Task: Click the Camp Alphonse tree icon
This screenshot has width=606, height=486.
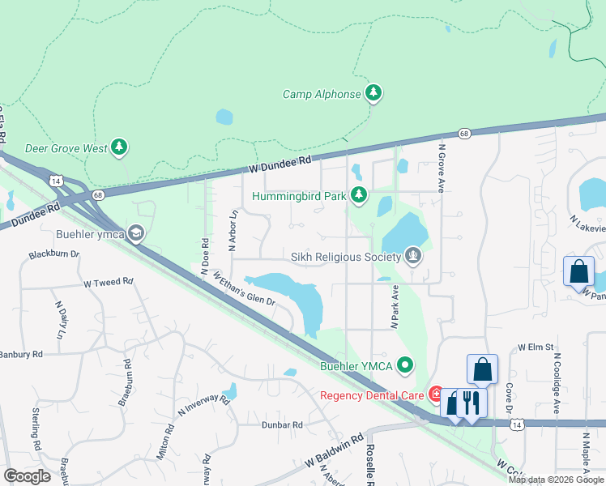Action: pyautogui.click(x=373, y=94)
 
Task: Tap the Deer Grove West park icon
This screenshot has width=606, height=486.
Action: pyautogui.click(x=120, y=147)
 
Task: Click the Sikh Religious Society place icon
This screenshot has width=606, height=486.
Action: pyautogui.click(x=414, y=257)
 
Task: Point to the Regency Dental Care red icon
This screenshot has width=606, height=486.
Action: pyautogui.click(x=436, y=395)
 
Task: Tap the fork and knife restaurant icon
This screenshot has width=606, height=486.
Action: pyautogui.click(x=471, y=402)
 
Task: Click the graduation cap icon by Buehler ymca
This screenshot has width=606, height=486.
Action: pyautogui.click(x=136, y=234)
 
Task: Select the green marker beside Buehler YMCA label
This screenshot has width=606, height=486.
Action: pyautogui.click(x=406, y=367)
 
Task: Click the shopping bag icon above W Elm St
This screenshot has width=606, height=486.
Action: pyautogui.click(x=482, y=369)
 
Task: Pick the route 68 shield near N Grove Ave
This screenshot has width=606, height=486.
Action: pyautogui.click(x=463, y=134)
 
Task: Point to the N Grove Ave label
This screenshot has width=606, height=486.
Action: pyautogui.click(x=442, y=168)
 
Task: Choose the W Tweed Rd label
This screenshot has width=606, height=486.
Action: pyautogui.click(x=108, y=283)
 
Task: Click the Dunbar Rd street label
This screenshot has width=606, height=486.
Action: pyautogui.click(x=280, y=424)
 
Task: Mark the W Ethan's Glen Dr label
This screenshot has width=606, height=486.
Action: pyautogui.click(x=245, y=288)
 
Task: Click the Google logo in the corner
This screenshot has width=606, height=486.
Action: pyautogui.click(x=28, y=475)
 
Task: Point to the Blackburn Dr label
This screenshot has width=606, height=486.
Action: pyautogui.click(x=53, y=254)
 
